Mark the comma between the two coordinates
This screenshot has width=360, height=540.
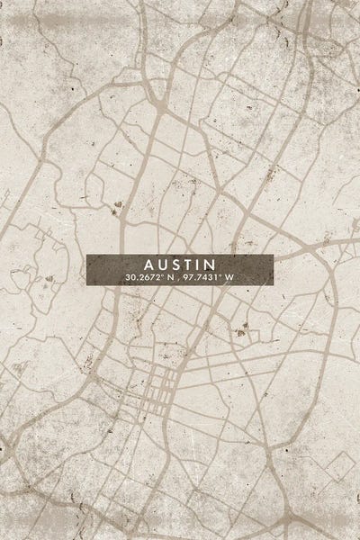(177, 279)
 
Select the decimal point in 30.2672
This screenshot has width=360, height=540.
(138, 279)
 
